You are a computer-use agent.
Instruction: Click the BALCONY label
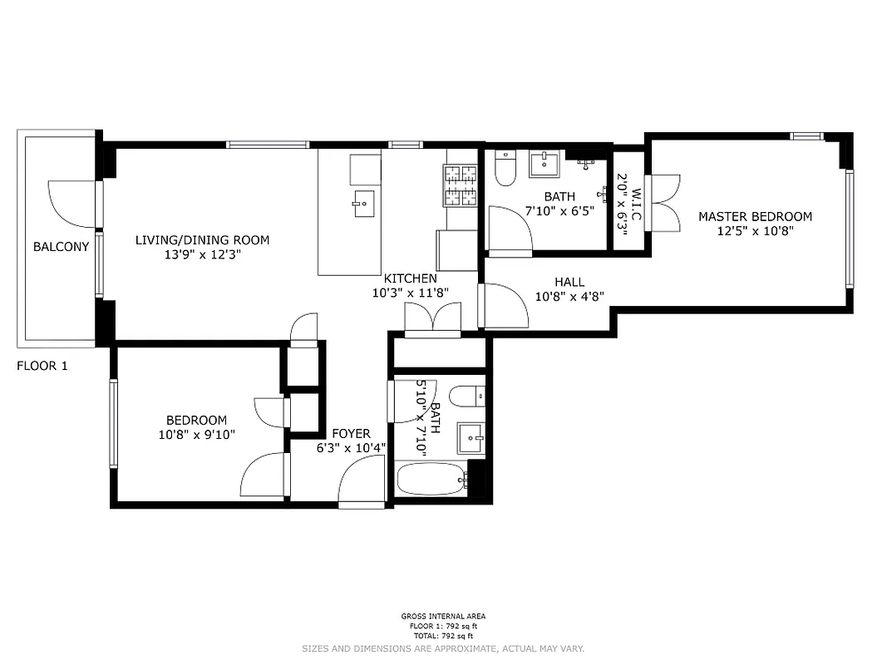tap(61, 247)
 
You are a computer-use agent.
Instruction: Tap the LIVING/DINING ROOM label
tap(202, 240)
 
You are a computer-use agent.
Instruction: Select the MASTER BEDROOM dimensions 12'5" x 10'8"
tap(755, 232)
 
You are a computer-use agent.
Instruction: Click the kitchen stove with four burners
tap(461, 185)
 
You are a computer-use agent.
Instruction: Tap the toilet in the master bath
tap(505, 169)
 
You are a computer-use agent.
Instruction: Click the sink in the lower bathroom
tap(471, 436)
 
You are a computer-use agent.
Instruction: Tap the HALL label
tap(569, 283)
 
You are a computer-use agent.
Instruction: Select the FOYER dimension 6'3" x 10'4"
tap(351, 449)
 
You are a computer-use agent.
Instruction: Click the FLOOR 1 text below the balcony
tap(42, 365)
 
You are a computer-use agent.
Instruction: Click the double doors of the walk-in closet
tap(665, 202)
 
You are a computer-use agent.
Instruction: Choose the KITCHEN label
tap(410, 278)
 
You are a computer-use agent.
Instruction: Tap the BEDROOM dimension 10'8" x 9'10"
tap(195, 435)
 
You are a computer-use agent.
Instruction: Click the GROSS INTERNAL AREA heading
tap(443, 617)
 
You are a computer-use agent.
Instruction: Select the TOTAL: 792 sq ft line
tap(443, 635)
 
